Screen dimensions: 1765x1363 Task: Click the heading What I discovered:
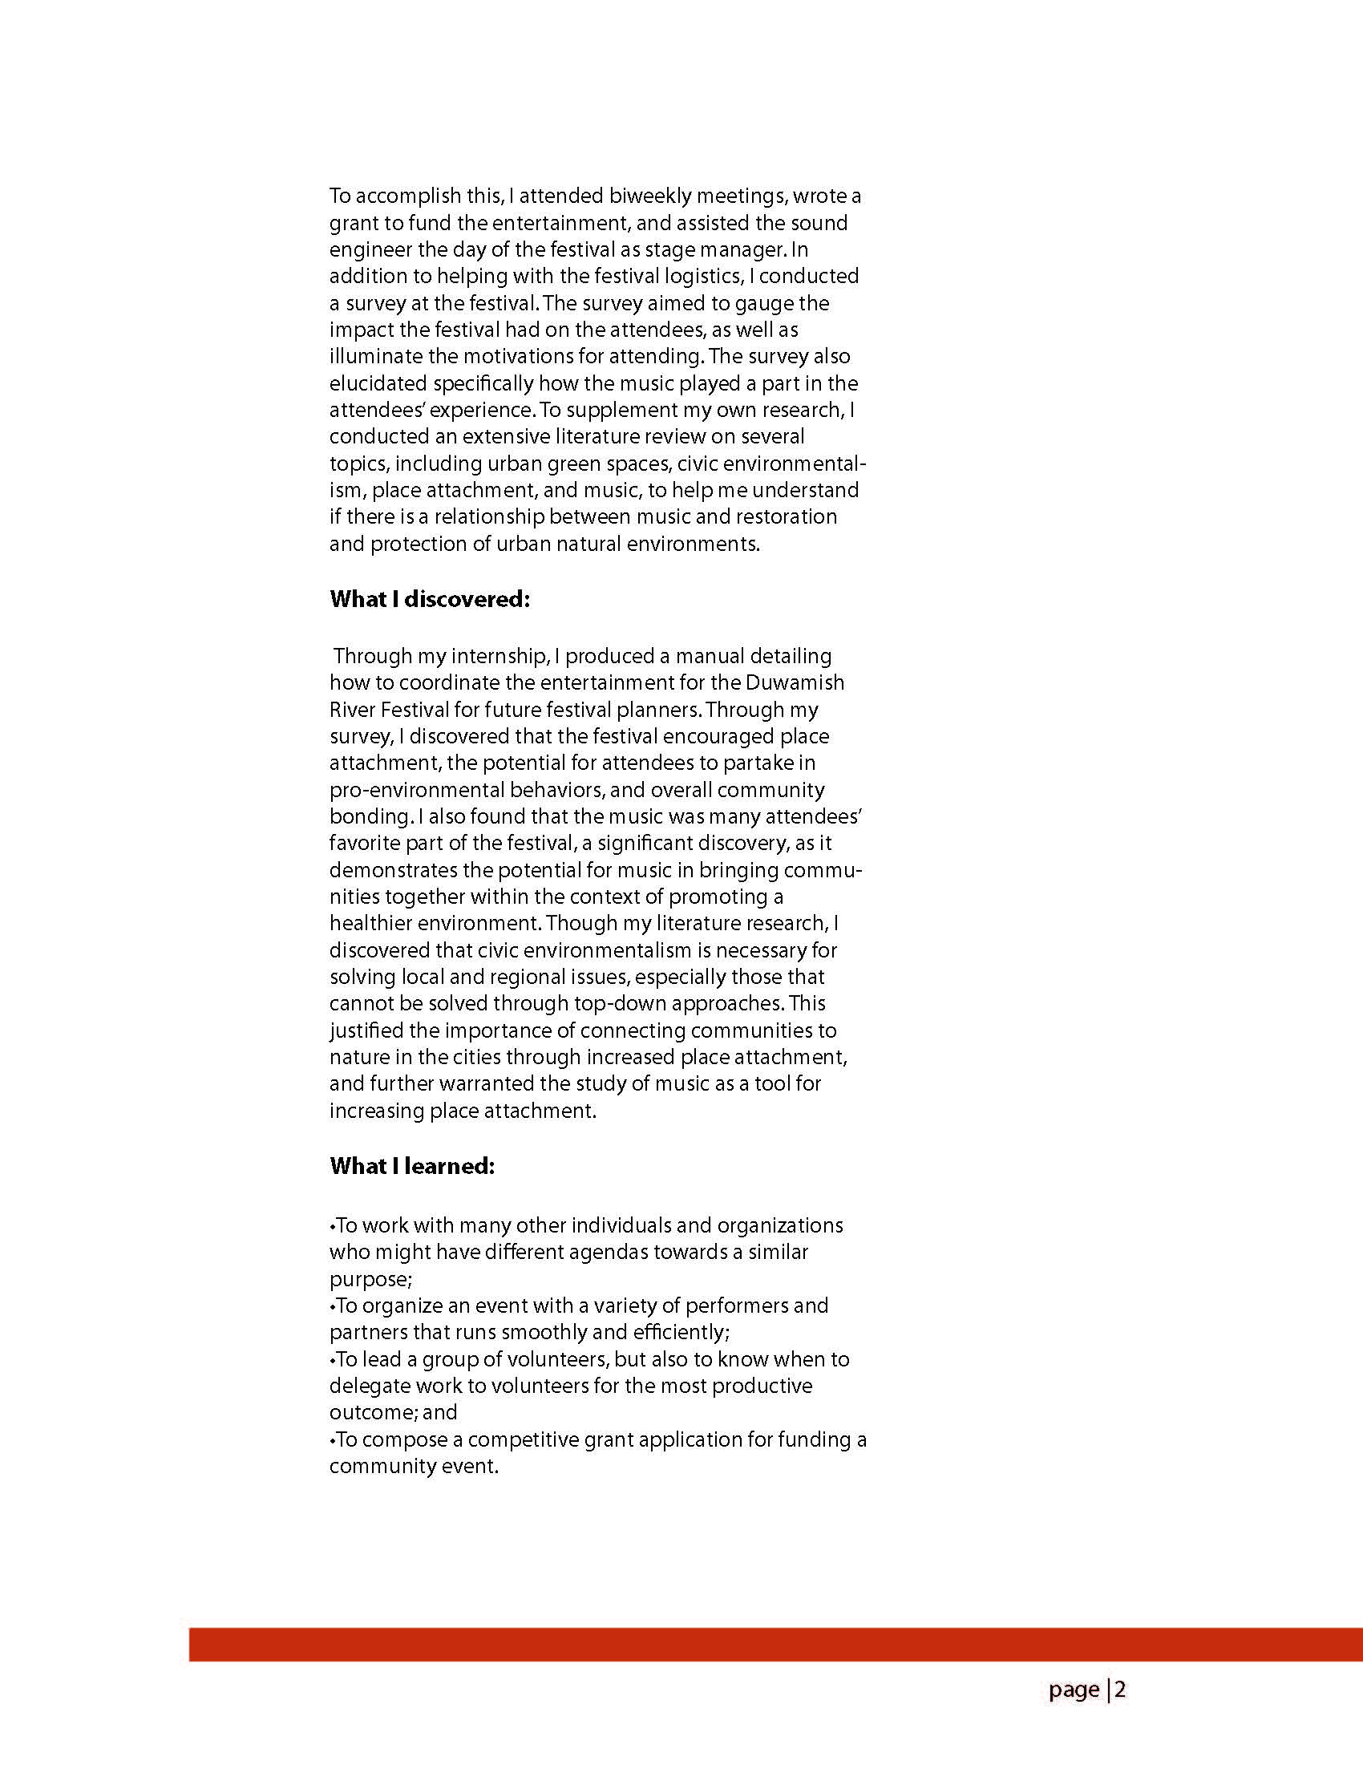[430, 599]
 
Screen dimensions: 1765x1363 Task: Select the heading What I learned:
[412, 1166]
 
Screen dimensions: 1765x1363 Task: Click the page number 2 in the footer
[1121, 1690]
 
